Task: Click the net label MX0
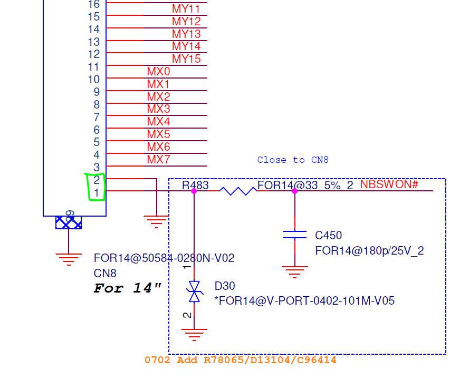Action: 158,71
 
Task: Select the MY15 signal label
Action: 186,59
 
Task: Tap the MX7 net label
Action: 158,159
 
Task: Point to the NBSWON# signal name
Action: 389,184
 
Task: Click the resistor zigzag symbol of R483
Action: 238,191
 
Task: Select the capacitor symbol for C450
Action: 294,235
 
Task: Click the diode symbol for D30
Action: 194,291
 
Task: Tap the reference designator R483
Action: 195,185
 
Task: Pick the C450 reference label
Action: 329,236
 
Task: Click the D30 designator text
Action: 225,286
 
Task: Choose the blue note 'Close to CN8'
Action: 293,160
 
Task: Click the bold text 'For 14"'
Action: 128,288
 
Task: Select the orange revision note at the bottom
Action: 240,360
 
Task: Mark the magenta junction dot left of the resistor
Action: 194,191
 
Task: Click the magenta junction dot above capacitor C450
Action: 294,191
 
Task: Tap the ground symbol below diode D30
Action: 194,335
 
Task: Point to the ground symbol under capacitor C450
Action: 294,272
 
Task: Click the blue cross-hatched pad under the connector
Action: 69,222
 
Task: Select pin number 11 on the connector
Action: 93,67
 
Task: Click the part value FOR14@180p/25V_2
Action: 369,250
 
